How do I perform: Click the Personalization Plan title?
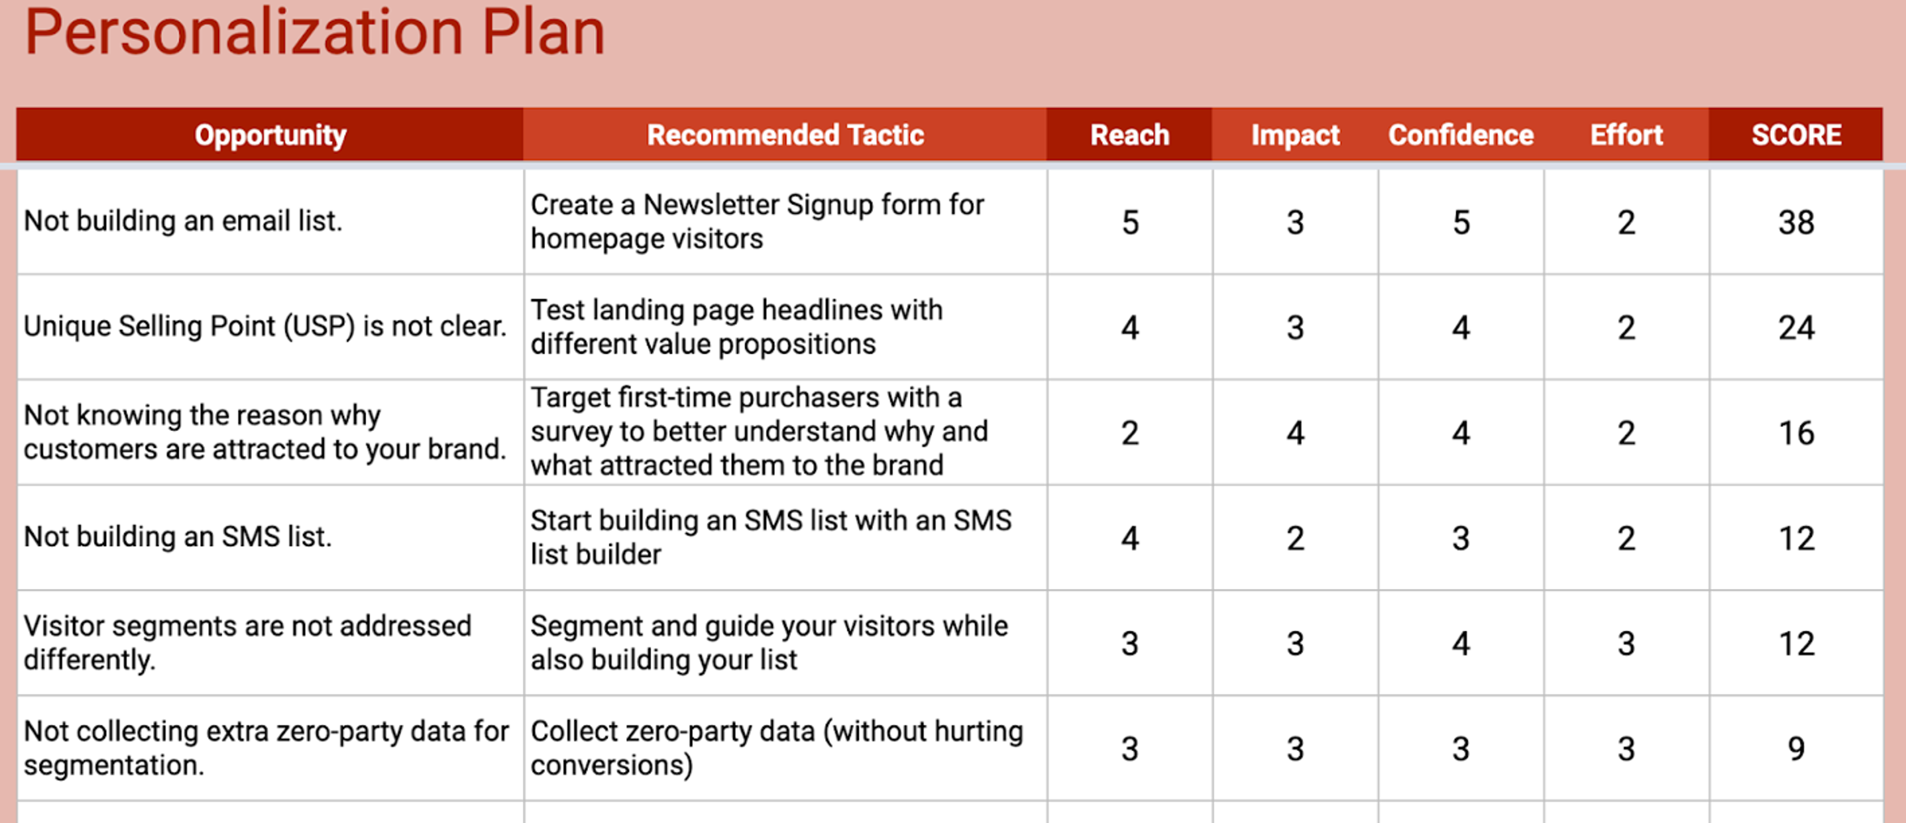click(315, 33)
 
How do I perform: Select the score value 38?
click(1796, 222)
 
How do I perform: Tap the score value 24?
click(1796, 327)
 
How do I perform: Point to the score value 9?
click(1796, 748)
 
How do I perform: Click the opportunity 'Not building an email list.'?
click(183, 221)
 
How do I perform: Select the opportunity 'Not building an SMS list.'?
click(178, 536)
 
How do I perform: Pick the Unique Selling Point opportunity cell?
click(265, 326)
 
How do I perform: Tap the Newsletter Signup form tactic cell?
click(757, 222)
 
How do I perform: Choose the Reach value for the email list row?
click(1129, 222)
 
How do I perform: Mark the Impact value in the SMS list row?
click(1295, 538)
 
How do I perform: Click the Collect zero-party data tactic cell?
click(776, 748)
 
